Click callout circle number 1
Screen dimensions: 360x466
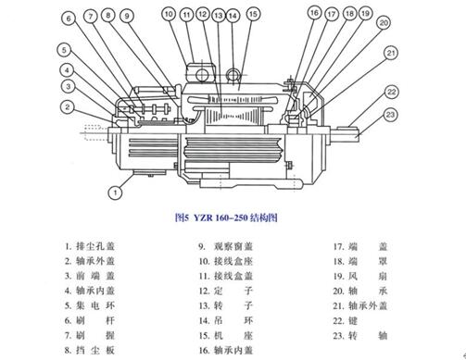tap(114, 192)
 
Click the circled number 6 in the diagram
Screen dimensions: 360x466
tap(68, 50)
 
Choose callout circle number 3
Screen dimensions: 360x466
tap(68, 86)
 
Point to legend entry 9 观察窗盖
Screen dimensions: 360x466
tap(232, 248)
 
